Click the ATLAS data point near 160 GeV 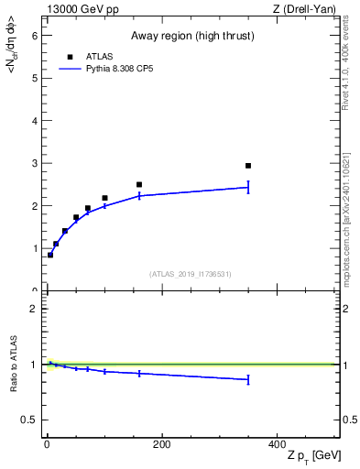(x=139, y=185)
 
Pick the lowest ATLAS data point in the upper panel (x=50, y=255)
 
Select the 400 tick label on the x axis (x=276, y=444)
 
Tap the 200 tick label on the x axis (x=161, y=444)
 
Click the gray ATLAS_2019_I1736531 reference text (x=191, y=274)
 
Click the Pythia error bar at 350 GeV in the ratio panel (x=248, y=379)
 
